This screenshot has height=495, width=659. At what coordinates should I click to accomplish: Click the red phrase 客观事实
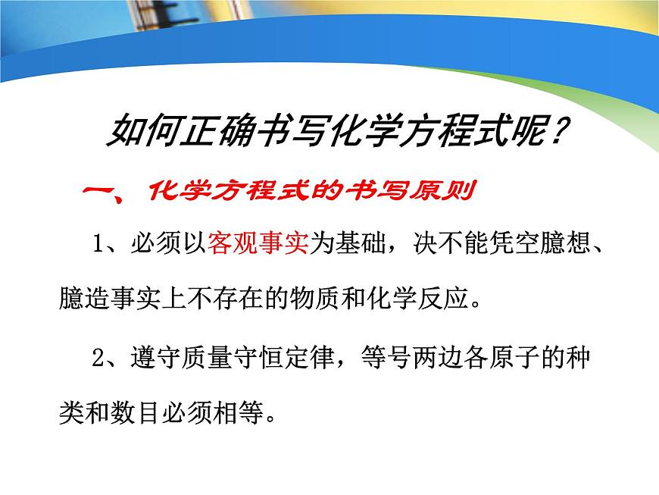[257, 244]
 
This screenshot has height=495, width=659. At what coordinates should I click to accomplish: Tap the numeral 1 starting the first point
[98, 245]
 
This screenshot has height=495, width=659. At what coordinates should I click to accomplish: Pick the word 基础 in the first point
[357, 244]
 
